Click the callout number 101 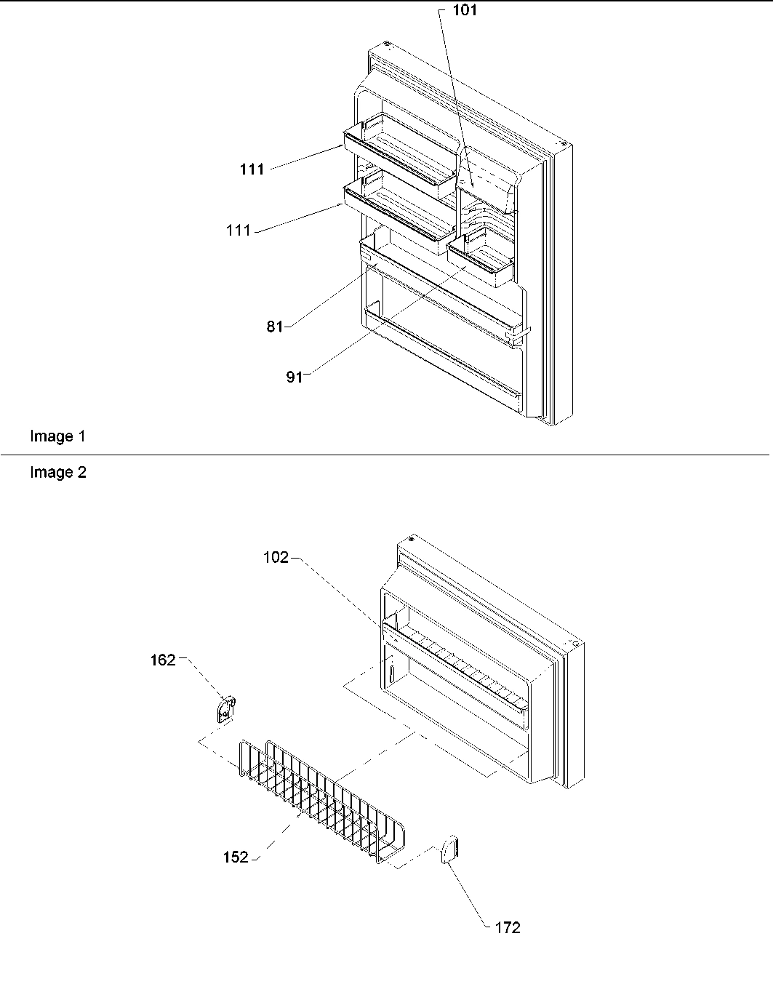coord(465,12)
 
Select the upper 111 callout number coord(252,169)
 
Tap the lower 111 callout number coord(239,230)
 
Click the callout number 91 coord(294,377)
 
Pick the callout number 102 coord(276,558)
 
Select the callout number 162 coord(163,660)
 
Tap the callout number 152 coord(236,857)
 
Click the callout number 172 coord(508,927)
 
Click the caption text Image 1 coord(57,436)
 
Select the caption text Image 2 coord(57,473)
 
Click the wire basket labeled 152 coord(320,804)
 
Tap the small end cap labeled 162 coord(226,708)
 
